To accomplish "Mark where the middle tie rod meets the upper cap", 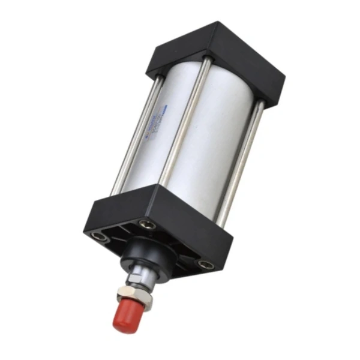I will click(x=206, y=61).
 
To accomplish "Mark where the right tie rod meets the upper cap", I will click(x=259, y=105).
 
